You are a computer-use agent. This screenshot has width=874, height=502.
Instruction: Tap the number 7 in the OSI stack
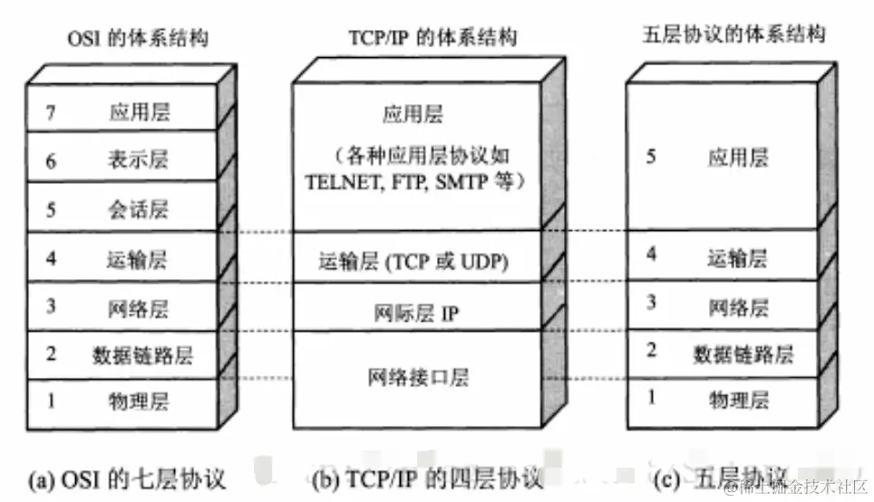52,112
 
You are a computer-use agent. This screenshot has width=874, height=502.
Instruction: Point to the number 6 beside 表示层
52,161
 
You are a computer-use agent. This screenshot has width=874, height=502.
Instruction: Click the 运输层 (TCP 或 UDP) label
413,261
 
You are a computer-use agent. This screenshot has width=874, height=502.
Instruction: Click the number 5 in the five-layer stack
650,157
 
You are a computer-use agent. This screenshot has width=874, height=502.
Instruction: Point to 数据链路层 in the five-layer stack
743,353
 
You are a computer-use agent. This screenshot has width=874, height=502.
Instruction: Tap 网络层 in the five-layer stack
737,305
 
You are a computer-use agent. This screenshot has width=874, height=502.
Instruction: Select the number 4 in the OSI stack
52,259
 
